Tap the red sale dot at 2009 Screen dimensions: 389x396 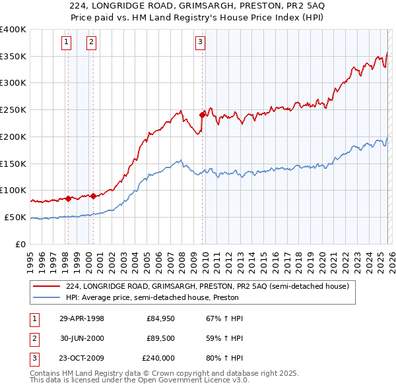click(202, 115)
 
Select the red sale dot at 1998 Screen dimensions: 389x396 click(68, 198)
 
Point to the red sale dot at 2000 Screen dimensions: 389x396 click(93, 195)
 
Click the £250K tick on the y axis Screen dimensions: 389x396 click(13, 109)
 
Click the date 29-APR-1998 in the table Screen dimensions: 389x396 click(82, 318)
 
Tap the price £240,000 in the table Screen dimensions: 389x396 click(158, 358)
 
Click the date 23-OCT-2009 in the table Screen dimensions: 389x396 click(82, 358)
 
